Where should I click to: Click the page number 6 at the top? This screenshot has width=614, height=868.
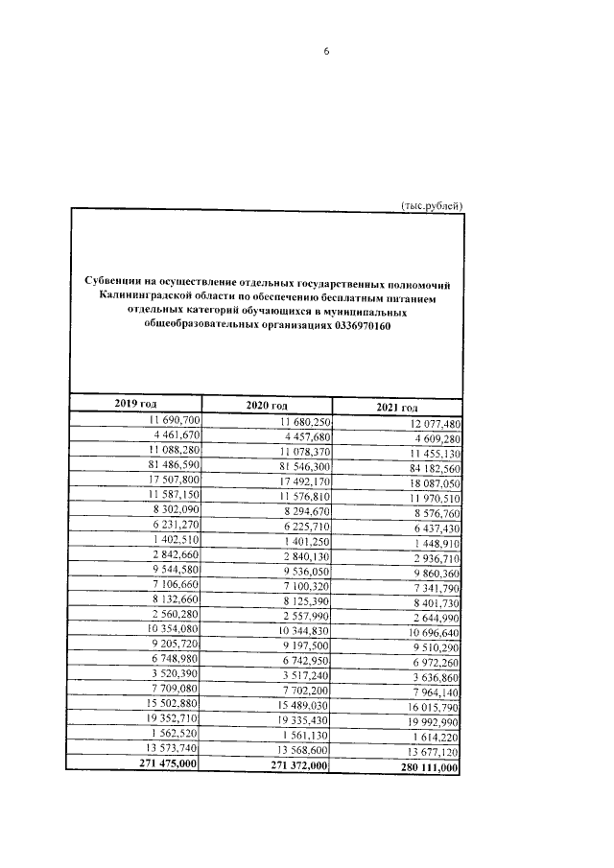click(x=326, y=52)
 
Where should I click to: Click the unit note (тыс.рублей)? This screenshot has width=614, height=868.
click(x=431, y=205)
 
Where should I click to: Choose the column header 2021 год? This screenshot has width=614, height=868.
click(x=397, y=409)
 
